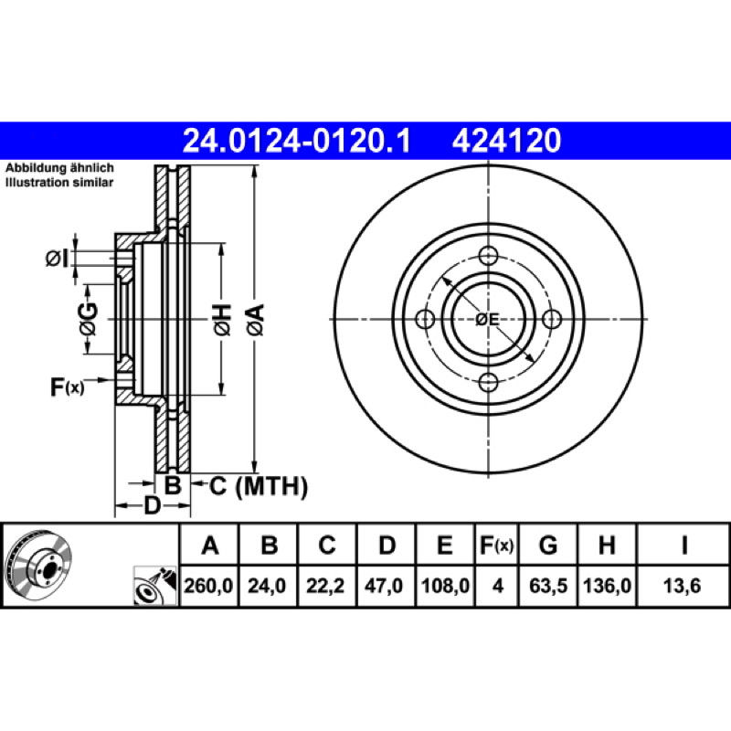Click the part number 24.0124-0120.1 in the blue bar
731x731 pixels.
pos(296,141)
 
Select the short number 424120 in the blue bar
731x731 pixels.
pos(506,141)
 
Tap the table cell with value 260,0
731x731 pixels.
pos(208,586)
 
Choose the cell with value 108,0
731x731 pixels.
pos(445,586)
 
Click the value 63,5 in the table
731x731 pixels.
pos(548,586)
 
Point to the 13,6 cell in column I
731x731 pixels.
pos(682,586)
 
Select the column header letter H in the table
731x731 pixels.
pos(607,545)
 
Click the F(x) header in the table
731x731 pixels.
pos(496,545)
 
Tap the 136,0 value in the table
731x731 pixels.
pos(607,586)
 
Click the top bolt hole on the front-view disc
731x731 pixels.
pos(488,256)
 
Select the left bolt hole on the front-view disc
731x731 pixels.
pos(425,319)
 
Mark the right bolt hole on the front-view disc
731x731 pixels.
pos(552,319)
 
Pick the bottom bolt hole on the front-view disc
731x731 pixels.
pos(488,383)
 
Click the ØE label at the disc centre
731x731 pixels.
pos(487,320)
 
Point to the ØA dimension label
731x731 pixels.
pos(257,320)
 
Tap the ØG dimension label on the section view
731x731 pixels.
pos(89,319)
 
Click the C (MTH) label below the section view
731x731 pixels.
pos(259,487)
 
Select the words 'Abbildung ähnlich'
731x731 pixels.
pos(59,168)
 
